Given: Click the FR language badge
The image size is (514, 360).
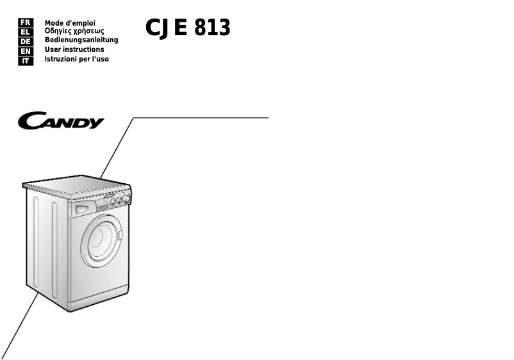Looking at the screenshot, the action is click(x=26, y=22).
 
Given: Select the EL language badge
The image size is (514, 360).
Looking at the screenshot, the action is click(x=26, y=32).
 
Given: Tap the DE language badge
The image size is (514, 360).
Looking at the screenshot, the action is click(x=26, y=42).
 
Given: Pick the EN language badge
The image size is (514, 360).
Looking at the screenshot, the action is click(x=26, y=51).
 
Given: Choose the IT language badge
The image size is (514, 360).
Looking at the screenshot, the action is click(x=26, y=61).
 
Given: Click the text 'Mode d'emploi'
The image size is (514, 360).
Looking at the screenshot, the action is click(x=70, y=23).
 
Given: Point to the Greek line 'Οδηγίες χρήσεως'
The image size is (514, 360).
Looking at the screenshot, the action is click(x=74, y=31).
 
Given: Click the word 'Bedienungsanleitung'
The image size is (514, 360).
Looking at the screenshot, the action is click(x=81, y=40).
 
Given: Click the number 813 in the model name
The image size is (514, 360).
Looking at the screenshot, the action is click(x=212, y=27).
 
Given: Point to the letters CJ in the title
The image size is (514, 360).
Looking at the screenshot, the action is click(x=157, y=28).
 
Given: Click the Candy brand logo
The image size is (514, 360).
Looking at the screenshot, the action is click(x=61, y=120).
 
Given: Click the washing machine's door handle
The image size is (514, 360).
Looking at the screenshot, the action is click(x=120, y=235).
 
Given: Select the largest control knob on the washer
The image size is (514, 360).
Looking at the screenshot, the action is click(x=126, y=198).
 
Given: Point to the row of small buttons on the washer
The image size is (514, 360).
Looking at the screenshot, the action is click(x=103, y=208).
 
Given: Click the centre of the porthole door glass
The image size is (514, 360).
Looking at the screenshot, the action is click(x=102, y=241).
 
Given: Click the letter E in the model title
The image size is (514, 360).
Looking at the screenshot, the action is click(x=181, y=27).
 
